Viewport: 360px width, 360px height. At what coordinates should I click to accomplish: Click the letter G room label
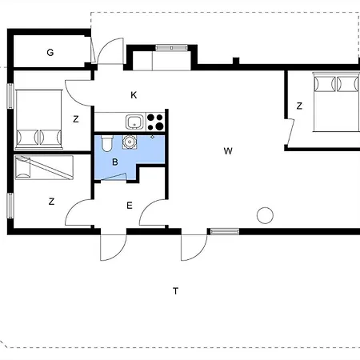pyautogui.click(x=50, y=52)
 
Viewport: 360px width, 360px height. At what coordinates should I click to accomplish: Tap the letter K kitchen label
pyautogui.click(x=134, y=95)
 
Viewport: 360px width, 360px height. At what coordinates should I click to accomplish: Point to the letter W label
pyautogui.click(x=228, y=151)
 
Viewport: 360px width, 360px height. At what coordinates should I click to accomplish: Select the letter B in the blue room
pyautogui.click(x=115, y=162)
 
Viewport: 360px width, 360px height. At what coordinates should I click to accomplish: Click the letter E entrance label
pyautogui.click(x=130, y=206)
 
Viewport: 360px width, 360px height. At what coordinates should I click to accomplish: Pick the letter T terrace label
pyautogui.click(x=175, y=291)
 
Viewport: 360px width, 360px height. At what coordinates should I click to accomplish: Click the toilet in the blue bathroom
pyautogui.click(x=107, y=143)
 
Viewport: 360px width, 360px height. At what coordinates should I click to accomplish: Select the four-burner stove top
pyautogui.click(x=155, y=122)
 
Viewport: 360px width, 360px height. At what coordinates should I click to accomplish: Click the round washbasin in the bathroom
pyautogui.click(x=130, y=142)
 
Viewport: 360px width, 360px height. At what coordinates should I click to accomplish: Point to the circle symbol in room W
pyautogui.click(x=265, y=215)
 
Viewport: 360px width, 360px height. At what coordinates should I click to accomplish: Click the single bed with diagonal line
pyautogui.click(x=44, y=168)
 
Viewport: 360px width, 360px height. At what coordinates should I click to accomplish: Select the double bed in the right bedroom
pyautogui.click(x=337, y=102)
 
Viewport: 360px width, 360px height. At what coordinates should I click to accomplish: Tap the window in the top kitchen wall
pyautogui.click(x=171, y=48)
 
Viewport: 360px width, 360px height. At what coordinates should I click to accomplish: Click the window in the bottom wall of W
pyautogui.click(x=225, y=231)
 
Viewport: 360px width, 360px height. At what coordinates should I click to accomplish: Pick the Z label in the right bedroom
pyautogui.click(x=299, y=106)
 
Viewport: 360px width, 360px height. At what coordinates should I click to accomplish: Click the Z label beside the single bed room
pyautogui.click(x=51, y=201)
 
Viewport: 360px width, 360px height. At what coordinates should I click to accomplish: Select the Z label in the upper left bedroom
pyautogui.click(x=76, y=119)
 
